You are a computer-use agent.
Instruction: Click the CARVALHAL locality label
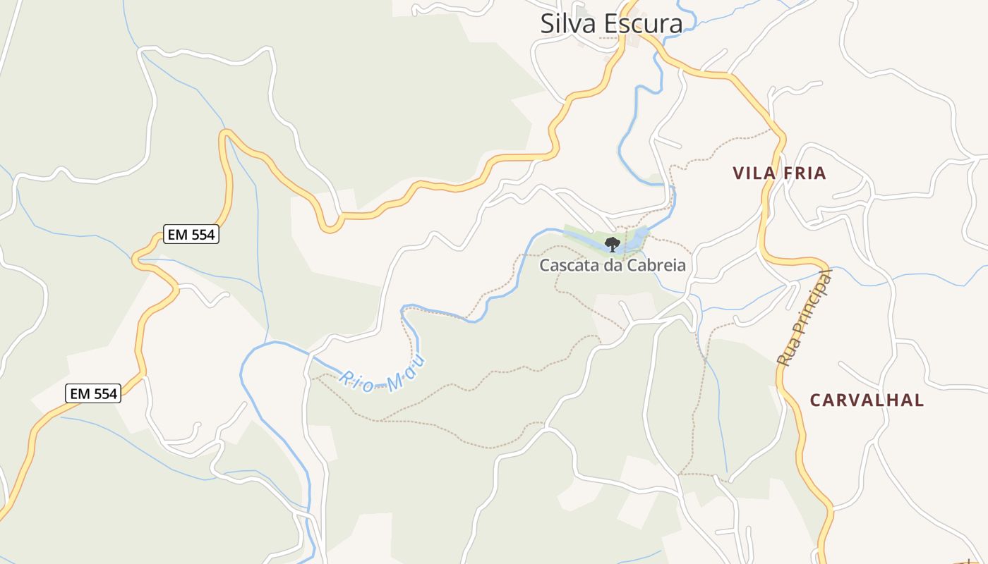pos(867,400)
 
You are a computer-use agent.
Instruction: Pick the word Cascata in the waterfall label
pos(564,266)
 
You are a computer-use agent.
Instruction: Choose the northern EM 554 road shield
pos(191,235)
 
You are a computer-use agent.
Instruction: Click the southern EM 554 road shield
pos(93,393)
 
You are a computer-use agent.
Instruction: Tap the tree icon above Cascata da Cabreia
pos(613,245)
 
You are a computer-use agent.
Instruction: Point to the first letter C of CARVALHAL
pos(816,400)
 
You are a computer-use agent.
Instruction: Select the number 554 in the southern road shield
pos(104,393)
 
